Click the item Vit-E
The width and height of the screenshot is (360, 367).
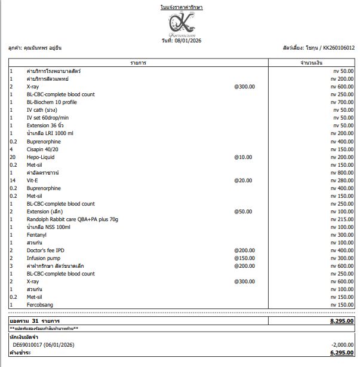point(34,181)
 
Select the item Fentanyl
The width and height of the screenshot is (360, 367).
point(37,235)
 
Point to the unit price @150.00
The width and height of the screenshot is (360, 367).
point(244,258)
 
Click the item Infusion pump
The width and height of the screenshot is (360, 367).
point(44,258)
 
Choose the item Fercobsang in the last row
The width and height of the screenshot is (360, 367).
point(41,305)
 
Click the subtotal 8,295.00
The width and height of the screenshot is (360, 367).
point(341,321)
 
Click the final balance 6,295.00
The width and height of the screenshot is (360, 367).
point(341,353)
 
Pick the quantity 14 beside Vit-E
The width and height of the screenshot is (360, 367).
point(12,181)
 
